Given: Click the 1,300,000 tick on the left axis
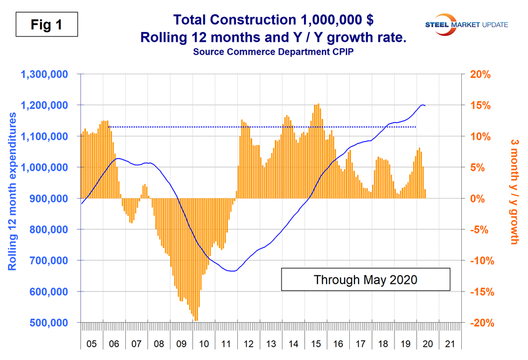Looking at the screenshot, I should point(45,74).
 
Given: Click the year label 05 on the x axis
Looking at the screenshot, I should point(92,344).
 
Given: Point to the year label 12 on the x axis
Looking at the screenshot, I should point(248,344).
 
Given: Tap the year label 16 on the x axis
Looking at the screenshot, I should point(338,344).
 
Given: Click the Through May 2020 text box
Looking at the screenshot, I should point(366,279).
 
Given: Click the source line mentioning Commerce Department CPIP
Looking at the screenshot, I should point(264,53).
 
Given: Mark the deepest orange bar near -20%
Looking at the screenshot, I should point(197,318).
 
